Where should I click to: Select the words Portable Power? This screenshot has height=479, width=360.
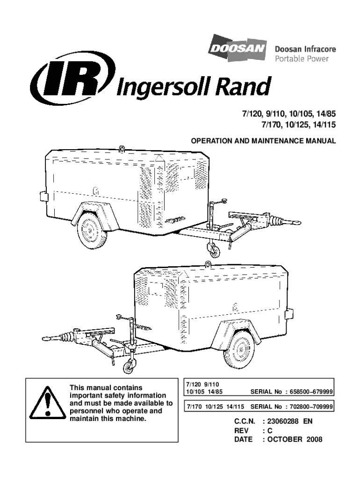tap(301, 59)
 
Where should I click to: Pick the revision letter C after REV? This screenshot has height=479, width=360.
tap(270, 430)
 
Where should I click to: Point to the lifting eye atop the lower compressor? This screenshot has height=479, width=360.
tap(207, 265)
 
